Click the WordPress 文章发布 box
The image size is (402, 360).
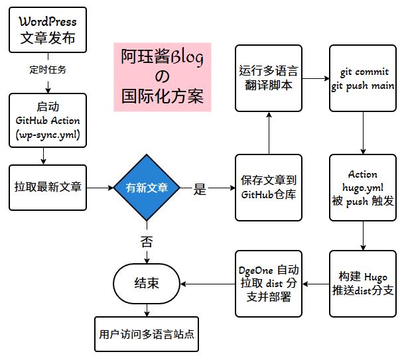pos(48,31)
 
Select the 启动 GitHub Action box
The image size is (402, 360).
pos(48,120)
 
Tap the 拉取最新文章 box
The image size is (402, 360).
pos(48,188)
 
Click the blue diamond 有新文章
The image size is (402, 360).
pos(147,188)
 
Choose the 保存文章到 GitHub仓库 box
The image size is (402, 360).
pos(269,188)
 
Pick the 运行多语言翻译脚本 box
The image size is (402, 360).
pos(269,78)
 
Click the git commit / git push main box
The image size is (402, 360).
pos(363,78)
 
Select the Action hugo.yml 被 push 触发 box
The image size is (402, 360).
pos(363,188)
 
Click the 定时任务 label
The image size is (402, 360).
pos(48,69)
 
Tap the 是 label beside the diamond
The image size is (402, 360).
pos(200,189)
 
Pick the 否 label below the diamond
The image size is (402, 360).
pos(147,241)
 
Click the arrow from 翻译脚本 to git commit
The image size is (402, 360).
pos(316,78)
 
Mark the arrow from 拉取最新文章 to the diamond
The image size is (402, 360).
pos(100,188)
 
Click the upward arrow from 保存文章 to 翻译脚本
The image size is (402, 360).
pos(269,133)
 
